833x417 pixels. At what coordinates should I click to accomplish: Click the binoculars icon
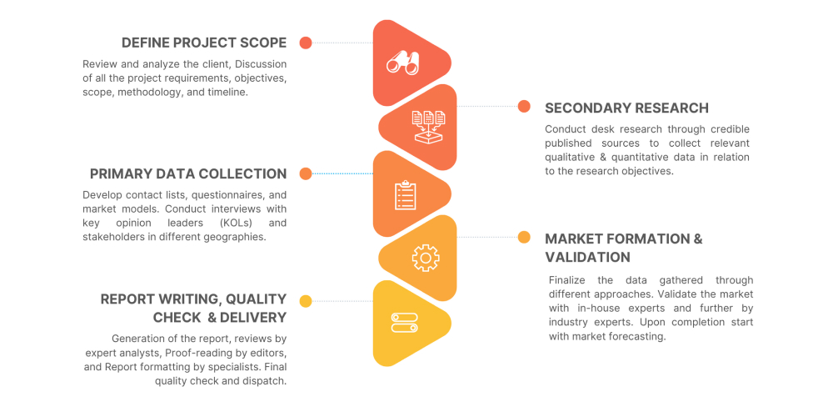402,63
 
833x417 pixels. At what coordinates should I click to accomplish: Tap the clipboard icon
406,195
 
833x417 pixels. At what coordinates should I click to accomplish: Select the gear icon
426,258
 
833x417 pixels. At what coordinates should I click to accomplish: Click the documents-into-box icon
429,127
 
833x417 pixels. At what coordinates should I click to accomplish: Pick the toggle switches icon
404,323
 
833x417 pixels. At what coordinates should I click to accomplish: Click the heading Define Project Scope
204,43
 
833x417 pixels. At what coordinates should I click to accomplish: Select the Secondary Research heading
627,108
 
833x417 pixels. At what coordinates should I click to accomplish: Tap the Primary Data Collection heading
188,174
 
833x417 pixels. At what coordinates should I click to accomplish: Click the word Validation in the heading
587,258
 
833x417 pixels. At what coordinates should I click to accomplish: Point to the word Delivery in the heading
253,318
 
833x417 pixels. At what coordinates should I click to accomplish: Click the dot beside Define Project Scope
306,43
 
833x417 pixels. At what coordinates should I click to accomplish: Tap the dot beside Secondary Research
524,107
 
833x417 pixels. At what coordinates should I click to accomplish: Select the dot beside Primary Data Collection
306,173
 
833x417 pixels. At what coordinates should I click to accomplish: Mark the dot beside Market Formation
524,237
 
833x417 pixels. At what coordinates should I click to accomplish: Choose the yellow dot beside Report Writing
306,302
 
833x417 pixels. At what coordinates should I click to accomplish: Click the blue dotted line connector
342,173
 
